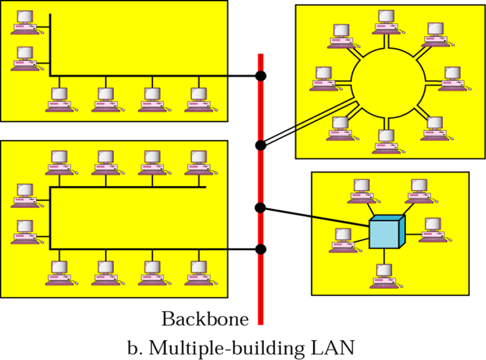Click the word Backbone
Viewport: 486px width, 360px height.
click(205, 319)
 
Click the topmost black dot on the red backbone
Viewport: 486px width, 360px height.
click(260, 75)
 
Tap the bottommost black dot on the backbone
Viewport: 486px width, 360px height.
click(260, 249)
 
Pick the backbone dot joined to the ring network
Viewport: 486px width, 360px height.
click(260, 145)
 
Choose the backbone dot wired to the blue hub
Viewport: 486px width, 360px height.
click(260, 208)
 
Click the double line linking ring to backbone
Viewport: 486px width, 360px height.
click(310, 122)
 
